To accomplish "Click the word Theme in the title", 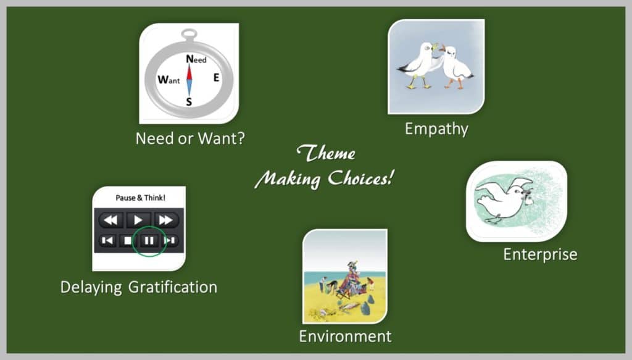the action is point(326,153).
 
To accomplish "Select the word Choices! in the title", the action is point(360,178).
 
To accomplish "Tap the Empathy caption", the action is point(436,130).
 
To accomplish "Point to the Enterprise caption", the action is point(540,254).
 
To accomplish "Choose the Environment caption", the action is point(345,336).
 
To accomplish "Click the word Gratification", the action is point(173,287).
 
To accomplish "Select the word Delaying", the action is point(91,287).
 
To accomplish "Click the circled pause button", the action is point(149,241).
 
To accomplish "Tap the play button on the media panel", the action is point(138,220).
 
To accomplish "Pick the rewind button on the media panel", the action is point(110,220).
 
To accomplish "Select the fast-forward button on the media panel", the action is point(165,220).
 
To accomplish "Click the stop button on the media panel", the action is point(128,241).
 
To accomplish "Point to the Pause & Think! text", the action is point(140,198).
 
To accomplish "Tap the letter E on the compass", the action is point(217,77).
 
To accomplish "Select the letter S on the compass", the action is point(189,102).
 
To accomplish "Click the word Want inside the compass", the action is point(168,80).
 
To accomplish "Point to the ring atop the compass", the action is point(189,34).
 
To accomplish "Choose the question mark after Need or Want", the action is point(239,138).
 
